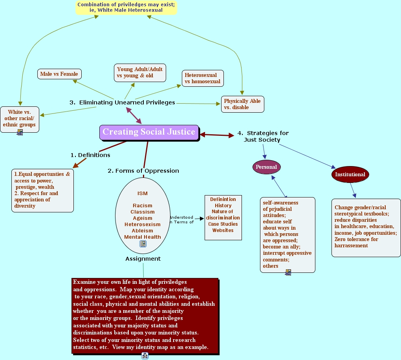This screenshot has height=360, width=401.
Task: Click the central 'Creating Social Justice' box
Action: [149, 132]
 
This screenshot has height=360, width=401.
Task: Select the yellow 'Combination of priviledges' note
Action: [126, 7]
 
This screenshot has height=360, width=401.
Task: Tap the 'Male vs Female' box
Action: [59, 74]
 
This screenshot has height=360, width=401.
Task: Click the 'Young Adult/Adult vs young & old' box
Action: [140, 73]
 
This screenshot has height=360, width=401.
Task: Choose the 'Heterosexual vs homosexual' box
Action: [203, 79]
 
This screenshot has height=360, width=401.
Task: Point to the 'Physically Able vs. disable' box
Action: [242, 104]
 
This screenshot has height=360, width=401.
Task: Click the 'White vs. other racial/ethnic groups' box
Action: [20, 119]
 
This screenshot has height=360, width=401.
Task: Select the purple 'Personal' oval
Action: [266, 167]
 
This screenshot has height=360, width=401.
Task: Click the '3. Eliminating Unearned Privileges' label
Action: [122, 102]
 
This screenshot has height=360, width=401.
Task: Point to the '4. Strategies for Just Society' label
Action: [263, 136]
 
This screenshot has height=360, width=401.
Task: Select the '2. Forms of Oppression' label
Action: [143, 171]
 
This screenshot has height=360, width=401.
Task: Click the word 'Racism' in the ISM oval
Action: [143, 206]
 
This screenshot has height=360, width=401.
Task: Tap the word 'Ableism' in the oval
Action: [143, 231]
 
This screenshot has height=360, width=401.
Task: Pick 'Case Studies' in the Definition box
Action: [223, 224]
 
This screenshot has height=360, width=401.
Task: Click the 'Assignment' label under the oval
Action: [143, 259]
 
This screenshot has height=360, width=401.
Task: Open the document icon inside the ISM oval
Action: [143, 244]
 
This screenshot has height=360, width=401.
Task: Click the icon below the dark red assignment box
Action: [145, 356]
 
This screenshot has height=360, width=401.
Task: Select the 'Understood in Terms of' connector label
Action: [181, 219]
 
